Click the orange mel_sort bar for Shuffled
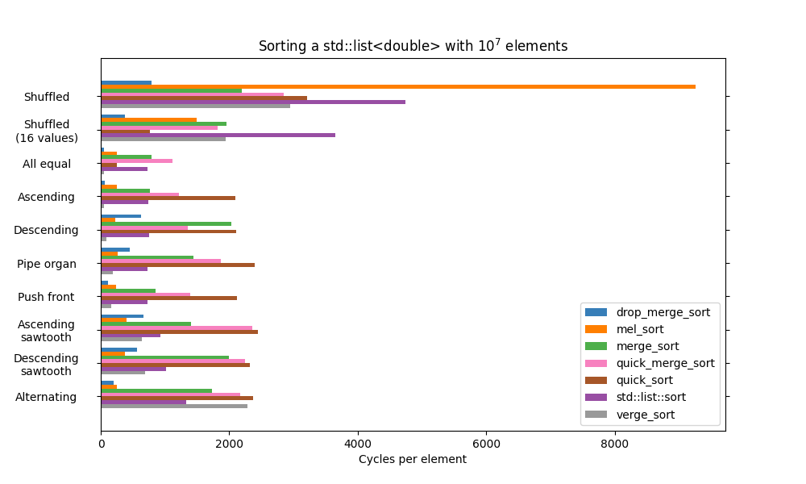398,86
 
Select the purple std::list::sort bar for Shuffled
253,102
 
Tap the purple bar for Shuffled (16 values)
218,135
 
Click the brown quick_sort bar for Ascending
168,198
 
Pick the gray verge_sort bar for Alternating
174,406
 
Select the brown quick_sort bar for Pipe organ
177,265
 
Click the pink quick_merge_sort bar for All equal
136,161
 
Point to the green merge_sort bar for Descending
166,223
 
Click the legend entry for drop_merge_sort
650,312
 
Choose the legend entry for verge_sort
650,415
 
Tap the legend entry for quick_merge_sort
650,363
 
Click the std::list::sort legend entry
650,398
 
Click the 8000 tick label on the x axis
615,443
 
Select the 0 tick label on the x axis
101,443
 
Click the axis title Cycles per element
413,460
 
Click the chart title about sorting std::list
413,46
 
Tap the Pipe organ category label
47,264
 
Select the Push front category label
46,297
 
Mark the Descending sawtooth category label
46,365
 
